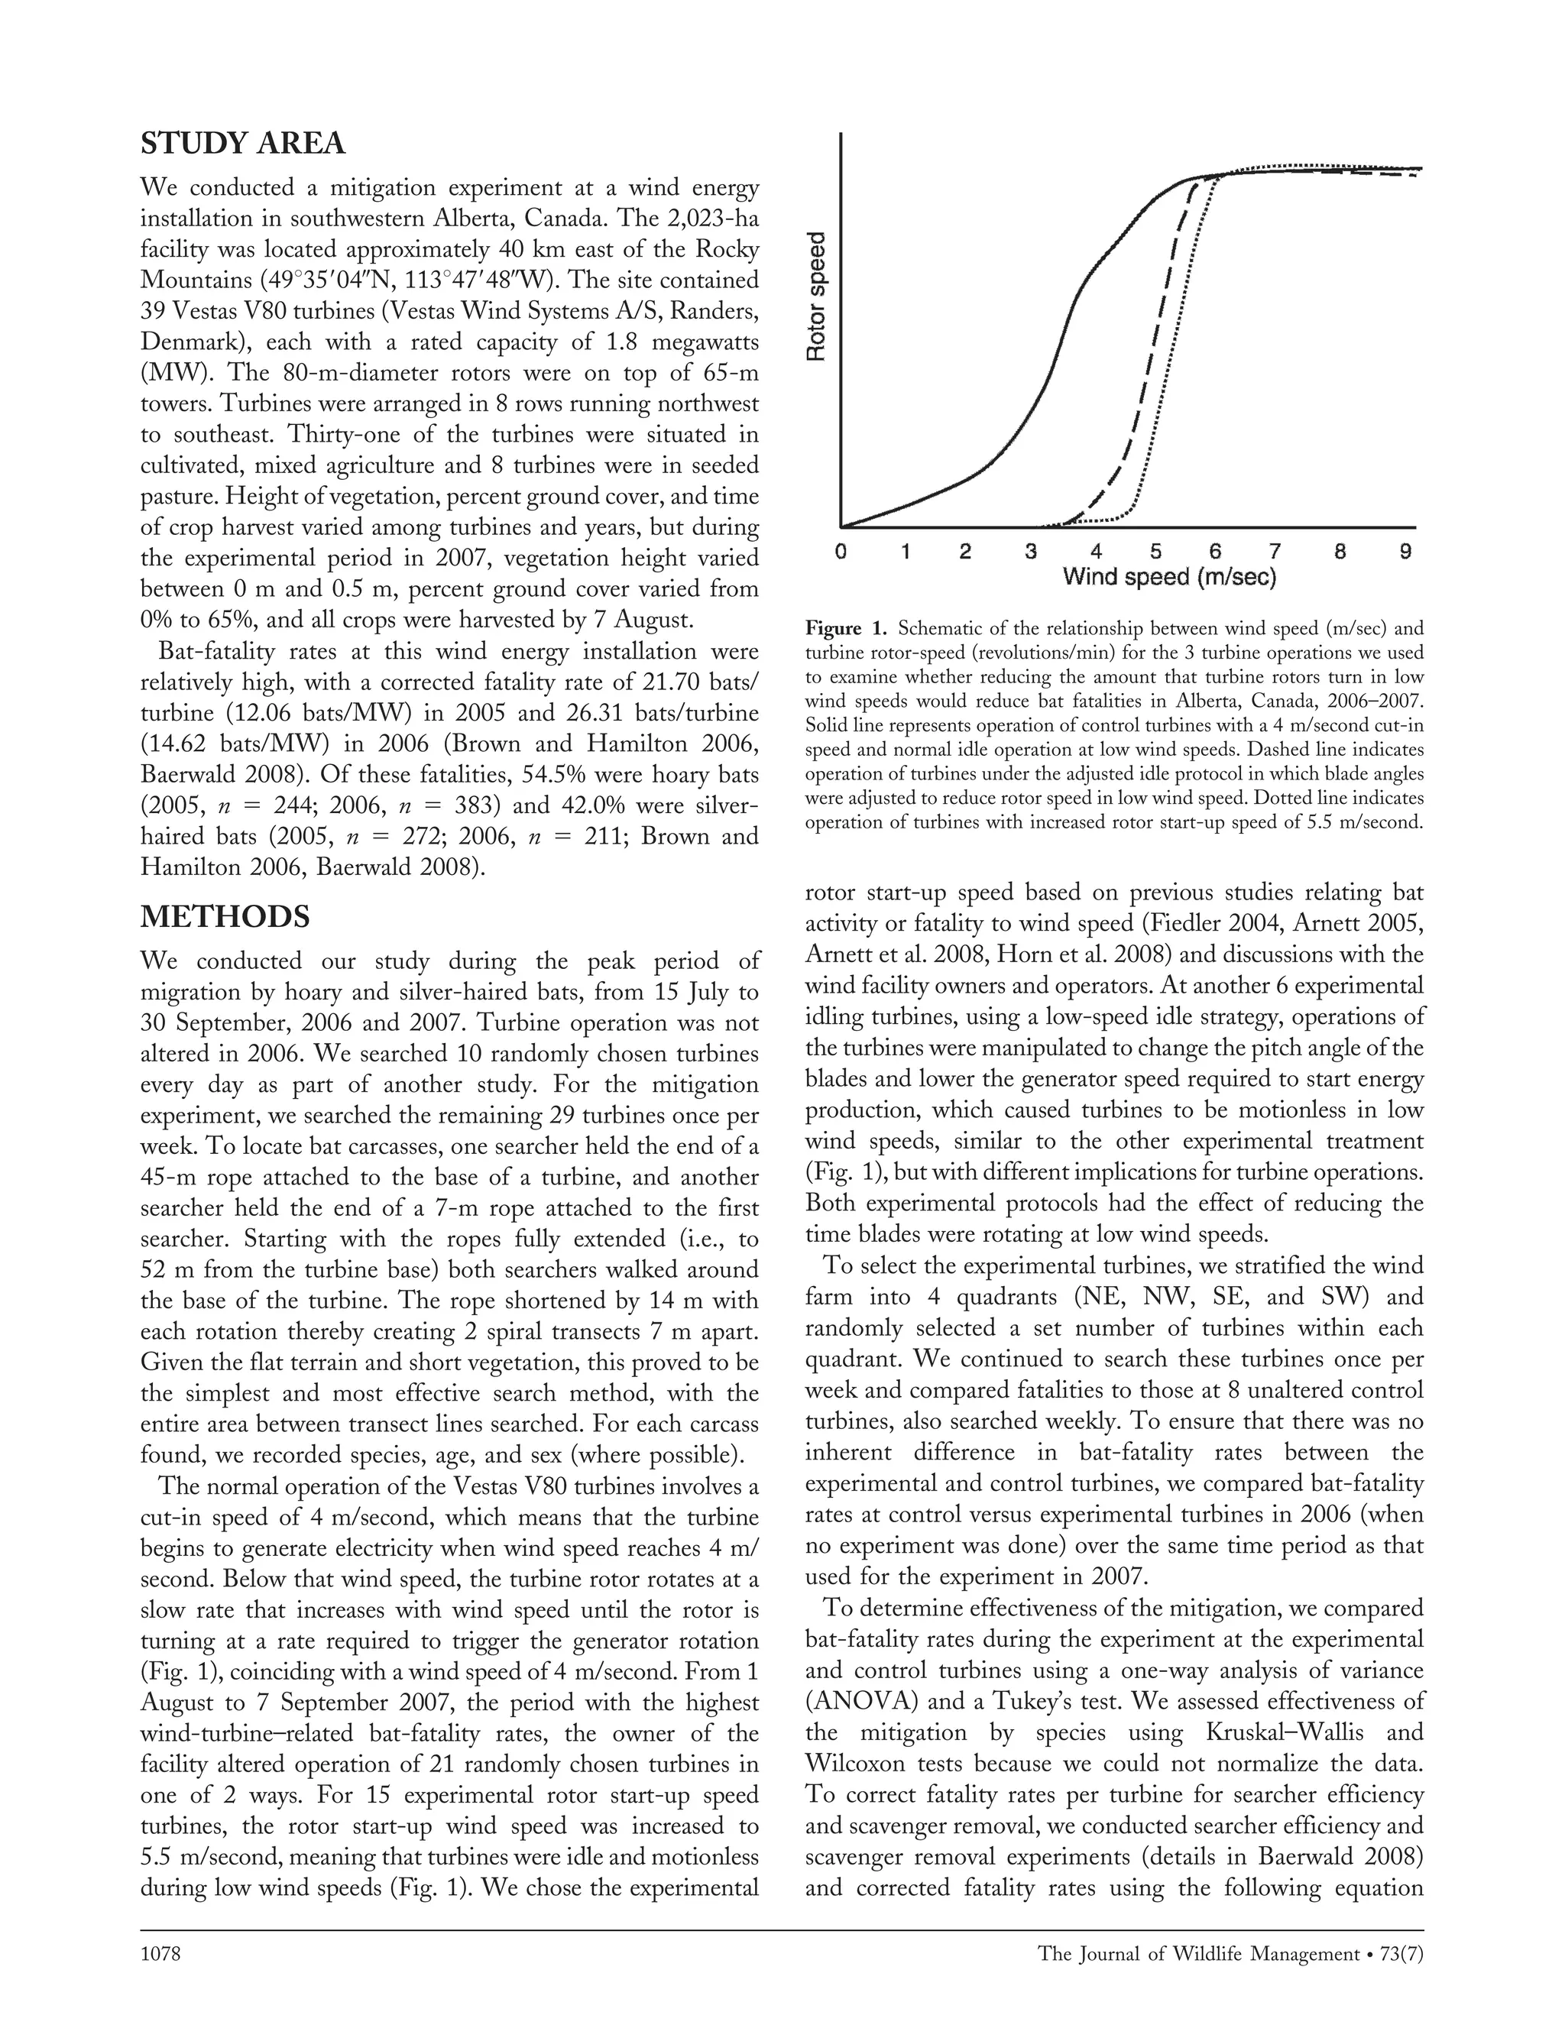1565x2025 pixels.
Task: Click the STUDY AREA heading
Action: point(242,144)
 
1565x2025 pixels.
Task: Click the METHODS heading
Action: point(225,917)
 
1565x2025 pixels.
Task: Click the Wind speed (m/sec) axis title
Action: point(1169,578)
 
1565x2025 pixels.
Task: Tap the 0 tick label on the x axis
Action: point(840,552)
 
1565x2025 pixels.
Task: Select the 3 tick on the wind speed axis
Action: point(1030,552)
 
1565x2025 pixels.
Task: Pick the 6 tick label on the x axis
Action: point(1216,552)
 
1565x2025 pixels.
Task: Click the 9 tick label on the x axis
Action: point(1405,552)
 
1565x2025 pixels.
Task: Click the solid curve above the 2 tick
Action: point(965,478)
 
